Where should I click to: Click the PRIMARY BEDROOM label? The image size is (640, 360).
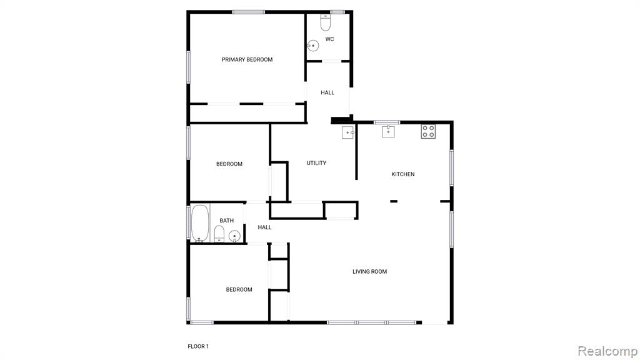(247, 59)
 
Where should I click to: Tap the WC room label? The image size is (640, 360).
(329, 39)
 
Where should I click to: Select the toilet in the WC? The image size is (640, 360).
(325, 22)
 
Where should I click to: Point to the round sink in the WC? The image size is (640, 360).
(313, 46)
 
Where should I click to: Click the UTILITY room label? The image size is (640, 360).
(316, 163)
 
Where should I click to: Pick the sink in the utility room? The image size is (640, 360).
(347, 132)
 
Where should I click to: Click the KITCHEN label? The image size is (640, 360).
(403, 174)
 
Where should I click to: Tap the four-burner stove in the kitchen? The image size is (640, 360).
(429, 131)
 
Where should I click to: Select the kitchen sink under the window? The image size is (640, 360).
(388, 131)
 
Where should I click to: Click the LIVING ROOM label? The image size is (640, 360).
(370, 271)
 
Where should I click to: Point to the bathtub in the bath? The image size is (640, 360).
(200, 223)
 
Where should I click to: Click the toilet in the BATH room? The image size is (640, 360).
(219, 234)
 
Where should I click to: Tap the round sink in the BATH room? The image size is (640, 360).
(234, 236)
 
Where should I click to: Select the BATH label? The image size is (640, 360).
(226, 221)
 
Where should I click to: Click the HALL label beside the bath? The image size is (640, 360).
(264, 227)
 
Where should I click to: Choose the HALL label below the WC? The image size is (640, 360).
(327, 92)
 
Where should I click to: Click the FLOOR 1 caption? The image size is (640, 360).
(198, 346)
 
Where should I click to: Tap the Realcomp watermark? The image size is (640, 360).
(607, 351)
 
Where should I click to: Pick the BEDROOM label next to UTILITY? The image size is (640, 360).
(229, 164)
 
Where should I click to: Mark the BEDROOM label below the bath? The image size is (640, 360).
(239, 290)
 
